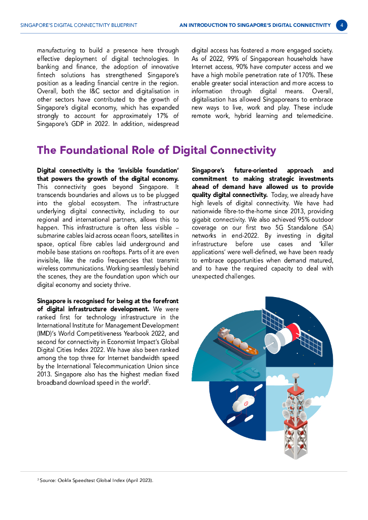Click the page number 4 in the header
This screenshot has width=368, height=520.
[342, 25]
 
